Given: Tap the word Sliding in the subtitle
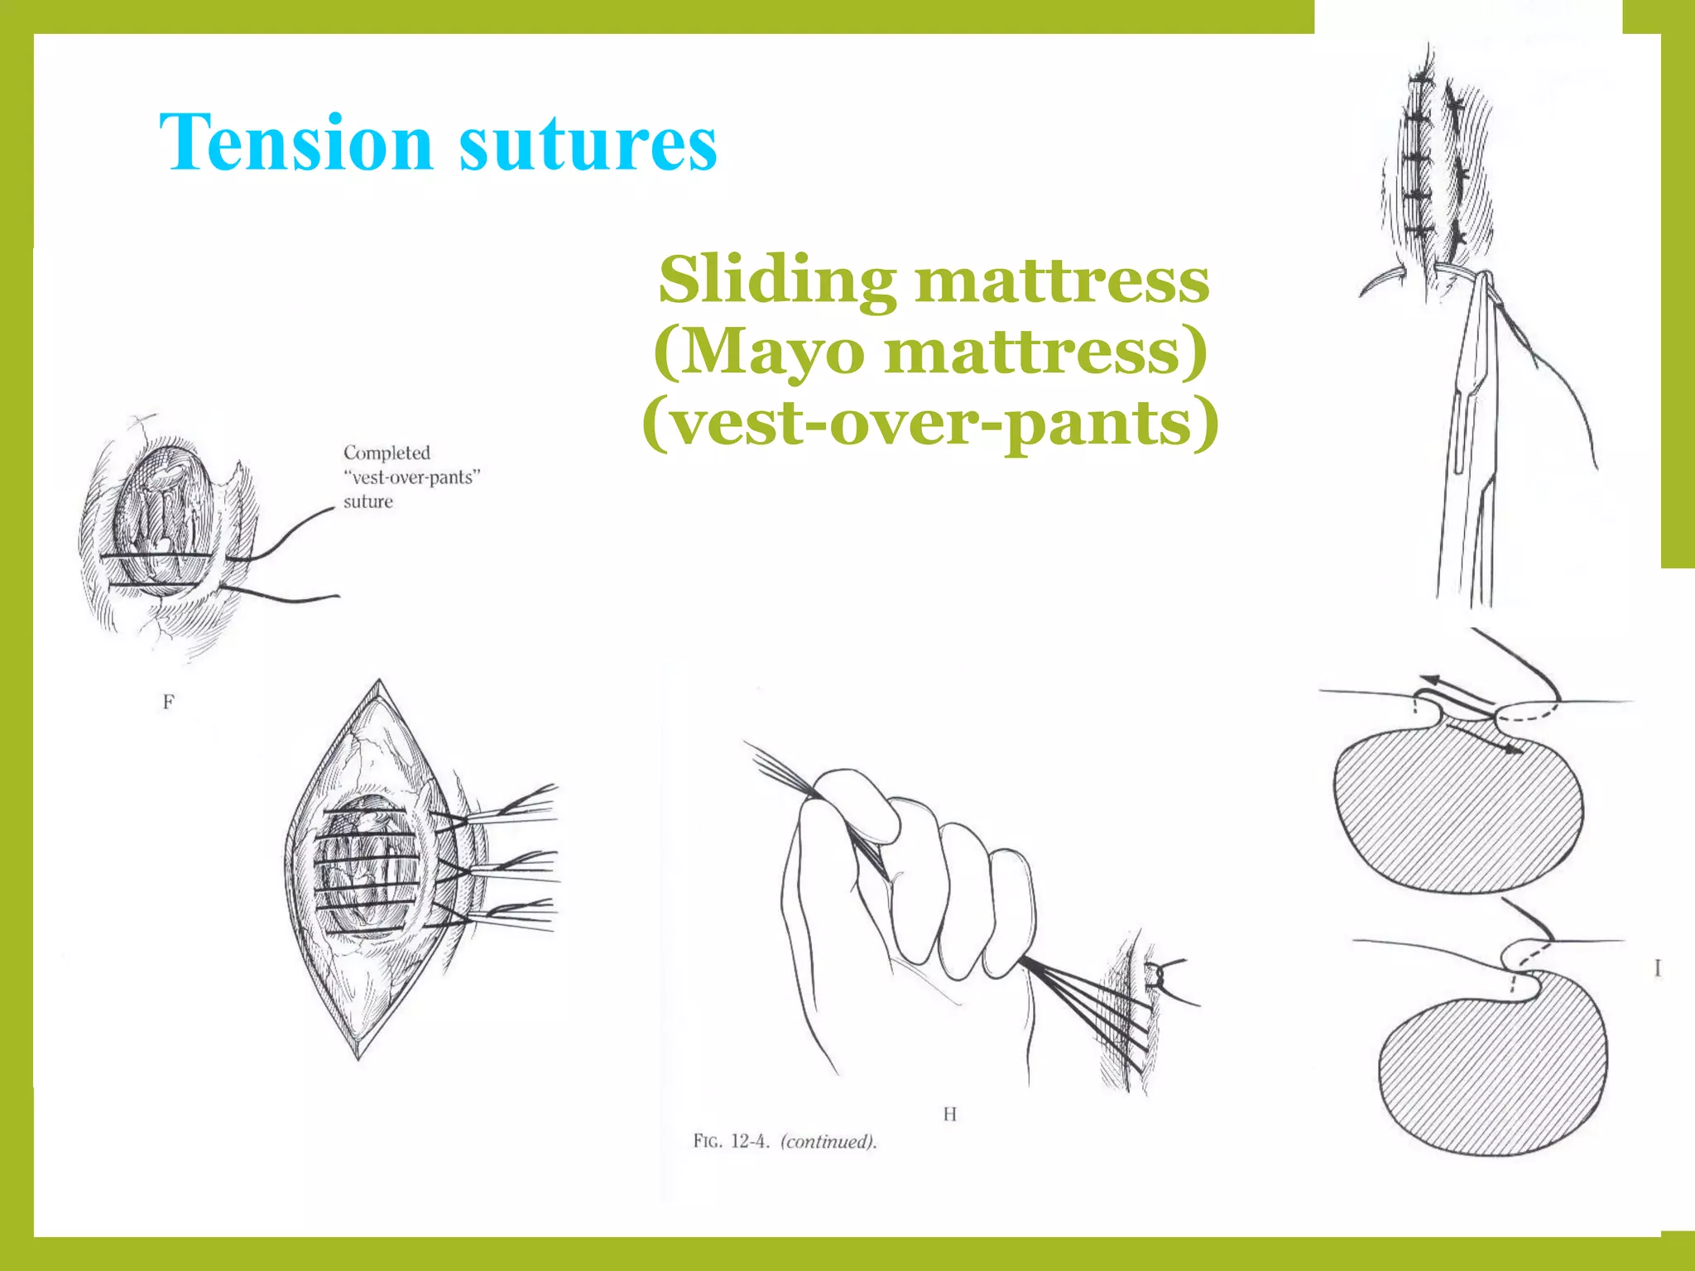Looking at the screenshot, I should tap(777, 281).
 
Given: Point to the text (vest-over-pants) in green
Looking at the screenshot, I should tap(930, 423).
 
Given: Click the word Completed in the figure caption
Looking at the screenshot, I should tap(387, 453).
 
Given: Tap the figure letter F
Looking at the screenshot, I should tap(169, 703).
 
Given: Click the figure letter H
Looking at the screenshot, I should tap(949, 1115).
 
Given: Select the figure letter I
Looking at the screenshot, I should tap(1657, 967).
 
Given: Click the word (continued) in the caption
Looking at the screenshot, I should tap(828, 1142).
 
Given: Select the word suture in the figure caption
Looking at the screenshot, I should tap(368, 501).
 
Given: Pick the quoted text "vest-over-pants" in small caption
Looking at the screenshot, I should tap(412, 477).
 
